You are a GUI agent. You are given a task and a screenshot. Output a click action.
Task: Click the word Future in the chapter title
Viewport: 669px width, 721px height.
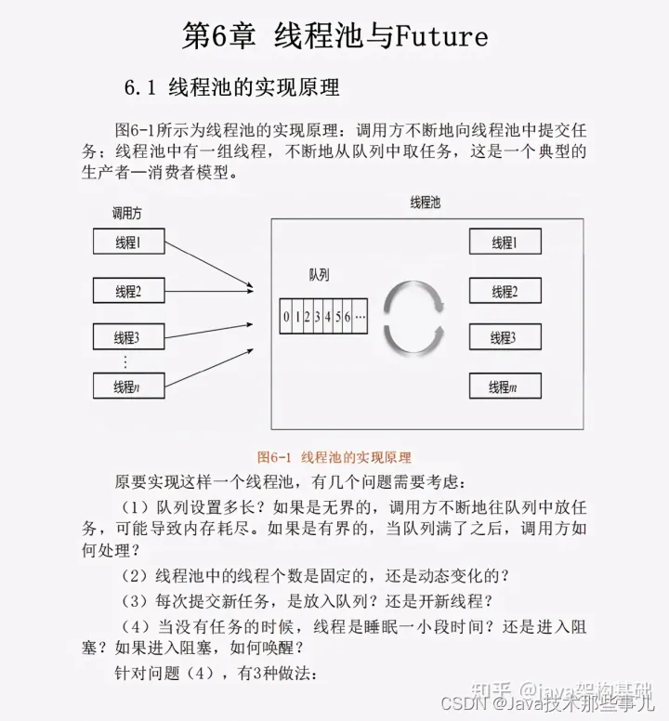click(441, 36)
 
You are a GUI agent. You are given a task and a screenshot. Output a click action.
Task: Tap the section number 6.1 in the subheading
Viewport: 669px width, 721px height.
click(140, 87)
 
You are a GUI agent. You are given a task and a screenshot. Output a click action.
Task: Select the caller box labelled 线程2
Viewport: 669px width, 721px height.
click(129, 291)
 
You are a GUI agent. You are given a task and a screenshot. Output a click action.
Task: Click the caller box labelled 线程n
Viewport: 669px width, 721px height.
click(129, 386)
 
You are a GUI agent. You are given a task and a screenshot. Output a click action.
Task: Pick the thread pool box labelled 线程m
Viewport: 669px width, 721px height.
click(505, 386)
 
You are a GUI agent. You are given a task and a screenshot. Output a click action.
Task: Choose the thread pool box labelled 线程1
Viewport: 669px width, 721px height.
click(505, 242)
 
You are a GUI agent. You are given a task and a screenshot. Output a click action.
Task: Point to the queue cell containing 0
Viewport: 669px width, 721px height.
click(286, 316)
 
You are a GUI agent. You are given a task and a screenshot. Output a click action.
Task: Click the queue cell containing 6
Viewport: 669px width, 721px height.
click(348, 316)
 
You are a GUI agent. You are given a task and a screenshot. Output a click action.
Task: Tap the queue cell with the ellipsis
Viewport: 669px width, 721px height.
click(360, 316)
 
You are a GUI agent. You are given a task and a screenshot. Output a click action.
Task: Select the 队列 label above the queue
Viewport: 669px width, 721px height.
click(319, 275)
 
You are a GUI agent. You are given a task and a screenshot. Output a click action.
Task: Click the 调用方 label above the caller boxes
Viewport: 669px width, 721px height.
click(127, 213)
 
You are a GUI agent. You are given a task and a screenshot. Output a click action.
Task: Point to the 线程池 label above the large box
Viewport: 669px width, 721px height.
click(426, 203)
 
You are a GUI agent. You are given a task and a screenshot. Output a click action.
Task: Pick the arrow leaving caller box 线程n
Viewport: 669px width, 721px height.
click(209, 367)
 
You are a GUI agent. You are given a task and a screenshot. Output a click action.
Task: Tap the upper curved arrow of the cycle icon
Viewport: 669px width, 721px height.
click(415, 294)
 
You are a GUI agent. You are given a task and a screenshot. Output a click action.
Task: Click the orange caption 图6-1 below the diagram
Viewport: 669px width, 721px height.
click(274, 457)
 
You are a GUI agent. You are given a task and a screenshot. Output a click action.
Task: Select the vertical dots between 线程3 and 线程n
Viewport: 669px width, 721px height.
click(125, 361)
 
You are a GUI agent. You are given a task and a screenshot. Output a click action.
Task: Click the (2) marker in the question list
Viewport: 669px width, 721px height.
click(135, 576)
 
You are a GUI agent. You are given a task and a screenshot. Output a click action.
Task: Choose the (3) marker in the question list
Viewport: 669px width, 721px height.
click(135, 601)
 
